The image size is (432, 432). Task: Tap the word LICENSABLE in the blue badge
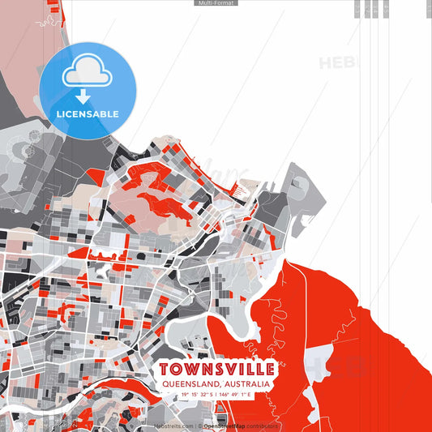pos(88,114)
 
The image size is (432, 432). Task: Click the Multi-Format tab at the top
pos(216,3)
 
